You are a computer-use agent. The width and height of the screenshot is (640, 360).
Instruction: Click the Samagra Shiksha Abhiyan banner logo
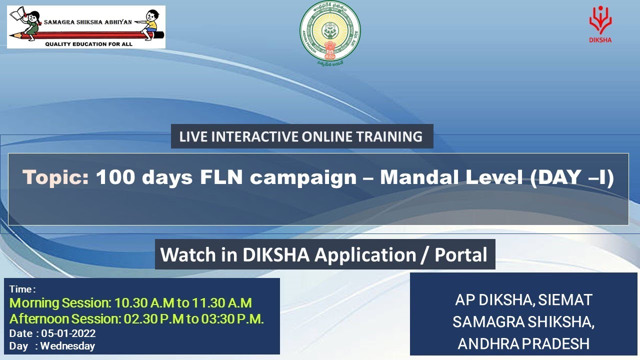[86, 26]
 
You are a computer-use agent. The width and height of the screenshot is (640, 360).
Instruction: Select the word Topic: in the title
[55, 177]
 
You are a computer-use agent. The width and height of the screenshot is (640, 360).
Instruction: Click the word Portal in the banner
[460, 255]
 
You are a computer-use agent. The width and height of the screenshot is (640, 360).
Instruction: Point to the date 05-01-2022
[68, 333]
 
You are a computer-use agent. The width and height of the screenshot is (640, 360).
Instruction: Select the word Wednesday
[67, 345]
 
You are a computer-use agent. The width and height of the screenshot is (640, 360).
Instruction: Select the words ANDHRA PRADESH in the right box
[523, 344]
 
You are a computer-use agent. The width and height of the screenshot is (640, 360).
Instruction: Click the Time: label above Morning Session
[22, 289]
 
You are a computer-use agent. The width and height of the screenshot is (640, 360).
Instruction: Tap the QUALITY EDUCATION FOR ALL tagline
[89, 44]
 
